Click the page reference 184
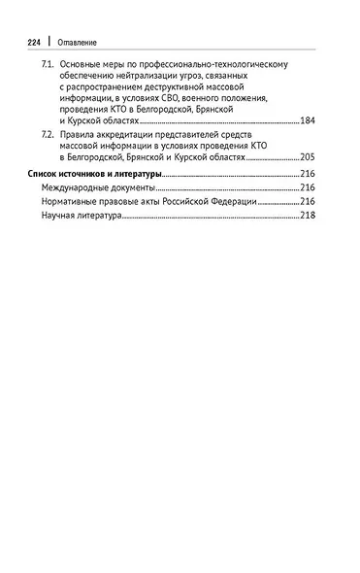click(x=308, y=120)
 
